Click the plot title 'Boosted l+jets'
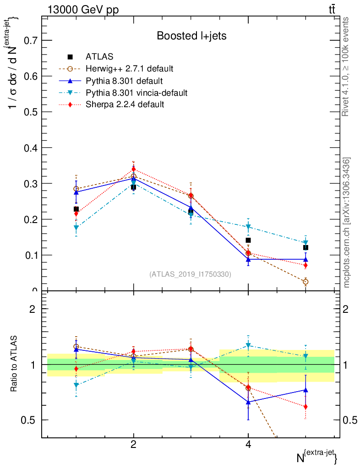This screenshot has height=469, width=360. [x=191, y=36]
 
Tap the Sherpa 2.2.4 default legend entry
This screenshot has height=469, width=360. [x=125, y=104]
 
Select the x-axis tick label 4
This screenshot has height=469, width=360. [x=248, y=444]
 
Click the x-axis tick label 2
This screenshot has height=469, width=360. [x=133, y=444]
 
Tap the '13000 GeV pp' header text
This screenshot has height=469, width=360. [x=83, y=10]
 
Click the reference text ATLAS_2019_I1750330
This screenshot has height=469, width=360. [x=190, y=274]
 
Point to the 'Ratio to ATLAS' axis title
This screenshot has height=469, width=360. [x=14, y=363]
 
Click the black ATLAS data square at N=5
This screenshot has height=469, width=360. [x=305, y=247]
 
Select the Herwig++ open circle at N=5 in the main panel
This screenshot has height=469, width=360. [x=305, y=282]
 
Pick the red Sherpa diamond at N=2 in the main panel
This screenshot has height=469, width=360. [x=133, y=169]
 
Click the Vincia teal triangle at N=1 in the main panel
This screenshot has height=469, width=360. [x=76, y=228]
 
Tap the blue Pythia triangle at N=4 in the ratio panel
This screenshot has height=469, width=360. [x=248, y=402]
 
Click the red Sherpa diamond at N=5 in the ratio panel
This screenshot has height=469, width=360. [x=305, y=407]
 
